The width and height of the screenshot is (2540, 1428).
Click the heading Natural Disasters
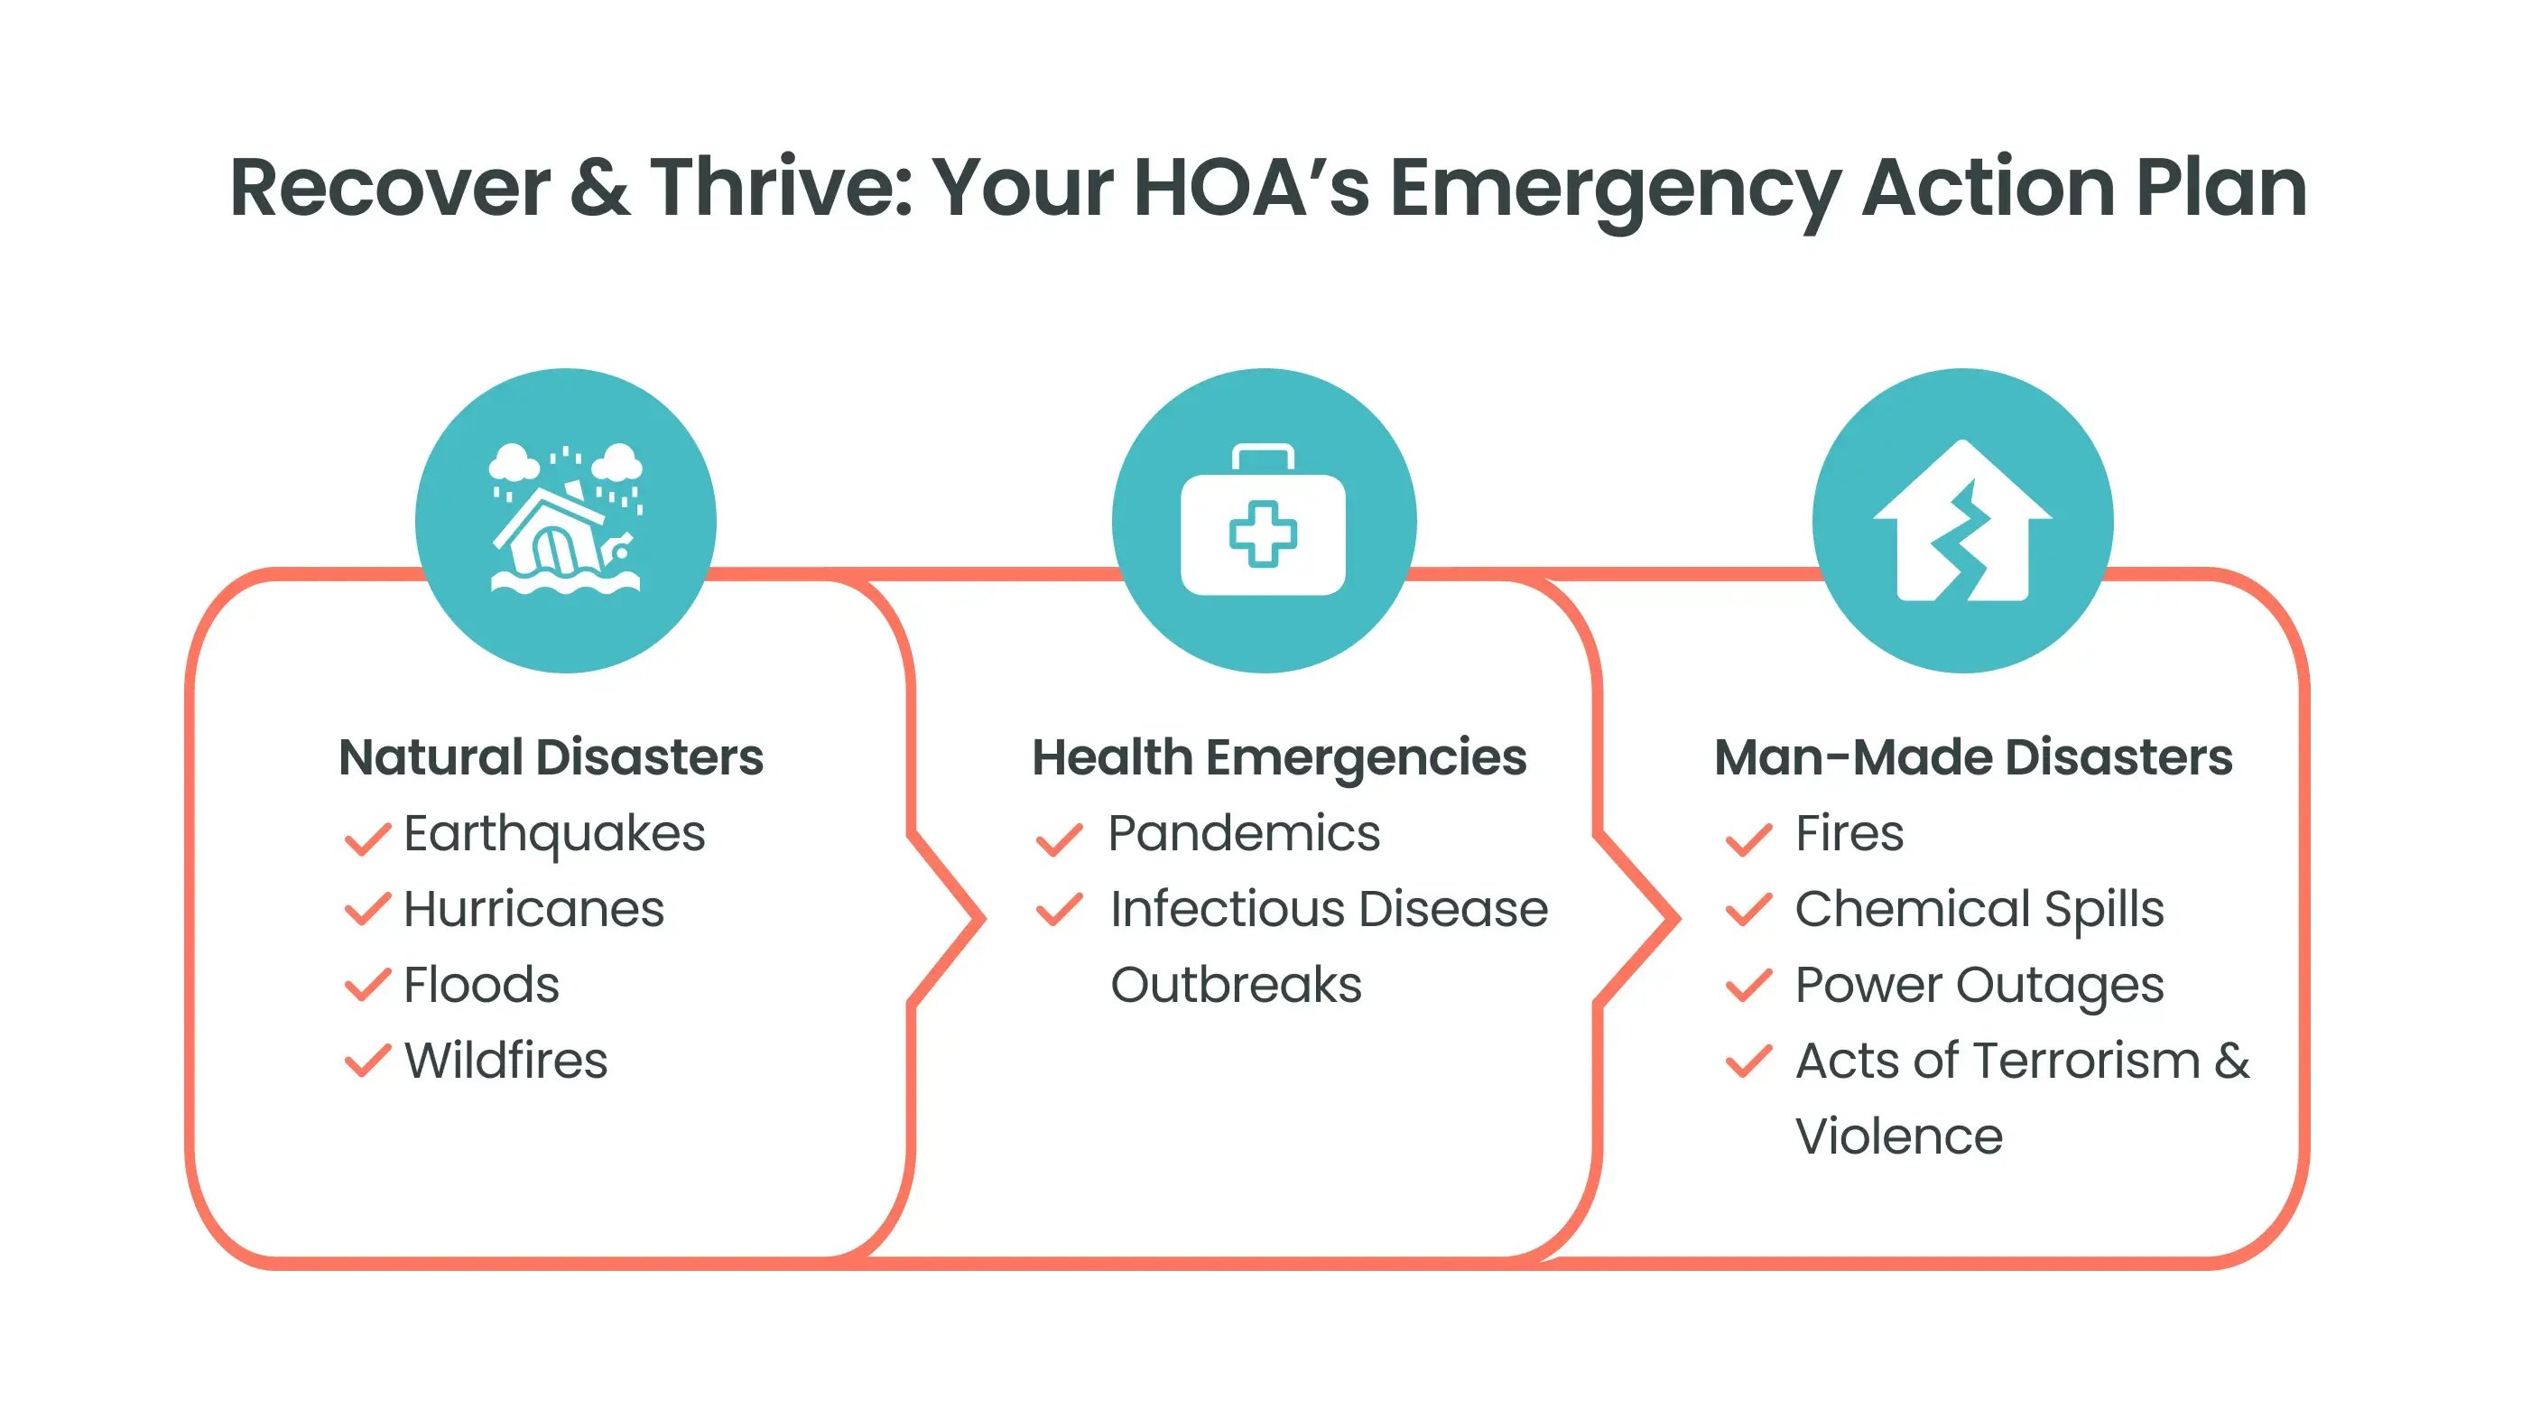pyautogui.click(x=552, y=757)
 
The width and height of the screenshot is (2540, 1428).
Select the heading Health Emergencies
pyautogui.click(x=1279, y=758)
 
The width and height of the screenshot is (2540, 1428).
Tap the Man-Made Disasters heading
pyautogui.click(x=1973, y=757)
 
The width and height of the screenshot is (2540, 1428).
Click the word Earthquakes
pyautogui.click(x=554, y=835)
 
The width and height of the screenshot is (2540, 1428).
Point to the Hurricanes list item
pyautogui.click(x=533, y=908)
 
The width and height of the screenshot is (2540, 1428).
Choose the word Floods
pyautogui.click(x=481, y=984)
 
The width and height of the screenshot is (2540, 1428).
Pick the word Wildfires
pyautogui.click(x=505, y=1060)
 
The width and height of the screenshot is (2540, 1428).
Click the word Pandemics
pyautogui.click(x=1244, y=833)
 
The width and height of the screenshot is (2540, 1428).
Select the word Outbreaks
pyautogui.click(x=1236, y=984)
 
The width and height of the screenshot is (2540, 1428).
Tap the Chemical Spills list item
pyautogui.click(x=1979, y=909)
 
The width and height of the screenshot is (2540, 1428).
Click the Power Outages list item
pyautogui.click(x=1979, y=985)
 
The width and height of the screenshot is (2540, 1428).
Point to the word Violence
pyautogui.click(x=1899, y=1136)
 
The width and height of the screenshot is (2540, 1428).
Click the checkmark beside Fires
pyautogui.click(x=1748, y=839)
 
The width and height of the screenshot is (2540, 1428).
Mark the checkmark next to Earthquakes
pyautogui.click(x=366, y=839)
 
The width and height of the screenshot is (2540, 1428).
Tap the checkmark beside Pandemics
pyautogui.click(x=1059, y=839)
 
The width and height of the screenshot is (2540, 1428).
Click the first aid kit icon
pyautogui.click(x=1263, y=520)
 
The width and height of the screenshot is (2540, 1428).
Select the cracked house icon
pyautogui.click(x=1962, y=521)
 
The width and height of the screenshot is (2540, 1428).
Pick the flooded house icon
pyautogui.click(x=566, y=519)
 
